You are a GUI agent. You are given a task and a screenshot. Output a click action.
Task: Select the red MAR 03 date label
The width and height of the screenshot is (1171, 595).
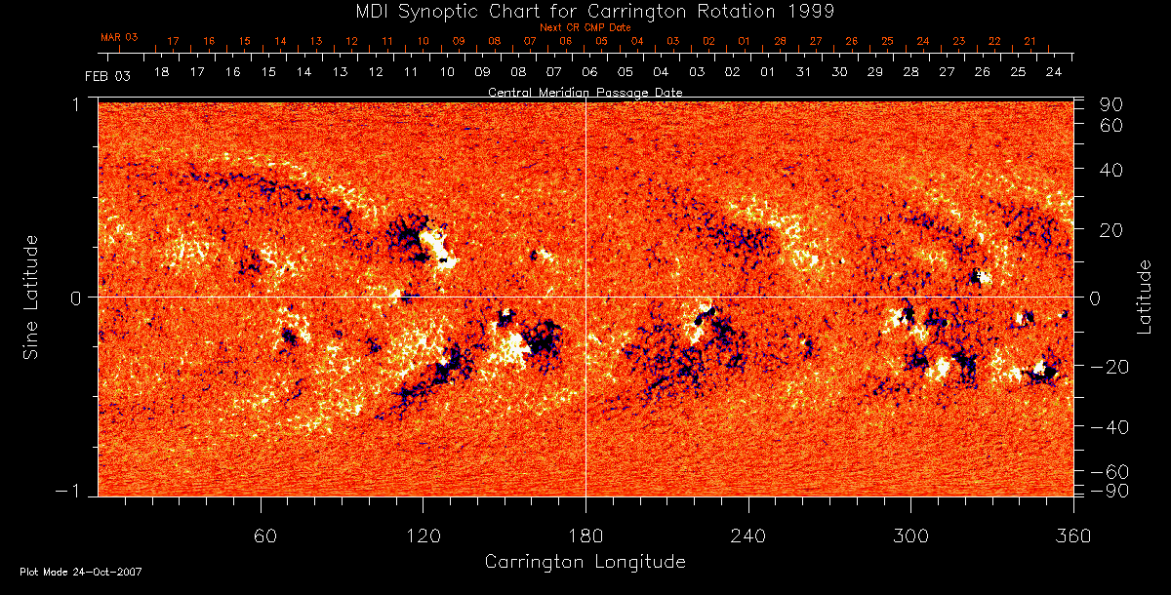click(x=119, y=37)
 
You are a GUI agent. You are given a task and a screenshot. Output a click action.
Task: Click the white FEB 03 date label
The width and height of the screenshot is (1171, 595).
click(x=107, y=75)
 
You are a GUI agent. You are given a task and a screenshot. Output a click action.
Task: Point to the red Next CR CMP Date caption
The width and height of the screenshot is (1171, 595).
click(x=585, y=27)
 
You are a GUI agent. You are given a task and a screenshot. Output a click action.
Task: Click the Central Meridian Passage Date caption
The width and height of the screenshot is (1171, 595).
click(x=585, y=92)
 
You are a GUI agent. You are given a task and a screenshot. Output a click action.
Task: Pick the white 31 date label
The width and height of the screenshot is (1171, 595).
click(x=803, y=73)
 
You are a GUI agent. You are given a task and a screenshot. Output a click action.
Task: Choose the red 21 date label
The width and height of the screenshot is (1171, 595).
click(x=1030, y=41)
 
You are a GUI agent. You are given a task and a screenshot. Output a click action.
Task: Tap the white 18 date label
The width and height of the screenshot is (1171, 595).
click(x=161, y=73)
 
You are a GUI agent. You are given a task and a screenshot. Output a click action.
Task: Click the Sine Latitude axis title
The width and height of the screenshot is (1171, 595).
click(x=31, y=297)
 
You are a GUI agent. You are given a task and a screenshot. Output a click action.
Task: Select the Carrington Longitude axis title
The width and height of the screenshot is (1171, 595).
click(x=585, y=562)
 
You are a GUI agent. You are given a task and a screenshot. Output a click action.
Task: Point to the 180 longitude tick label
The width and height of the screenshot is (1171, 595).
click(x=585, y=535)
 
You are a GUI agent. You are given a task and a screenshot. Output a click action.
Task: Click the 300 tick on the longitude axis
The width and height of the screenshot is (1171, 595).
click(x=910, y=535)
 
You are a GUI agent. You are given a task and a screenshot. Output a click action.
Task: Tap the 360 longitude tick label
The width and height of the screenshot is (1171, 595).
click(x=1073, y=535)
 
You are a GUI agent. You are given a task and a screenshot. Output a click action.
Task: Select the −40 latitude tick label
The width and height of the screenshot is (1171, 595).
click(x=1109, y=427)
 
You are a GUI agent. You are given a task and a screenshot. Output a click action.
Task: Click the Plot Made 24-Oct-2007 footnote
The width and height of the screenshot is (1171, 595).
click(x=81, y=572)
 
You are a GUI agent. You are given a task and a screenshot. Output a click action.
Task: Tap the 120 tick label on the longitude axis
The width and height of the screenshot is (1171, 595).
click(x=423, y=535)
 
